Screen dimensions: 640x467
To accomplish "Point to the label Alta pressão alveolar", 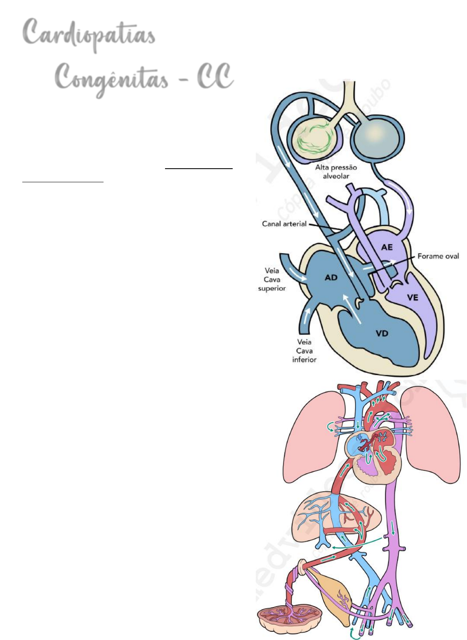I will pyautogui.click(x=336, y=172).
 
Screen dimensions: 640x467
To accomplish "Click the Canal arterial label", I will pyautogui.click(x=284, y=224).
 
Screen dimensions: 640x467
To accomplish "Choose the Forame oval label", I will pyautogui.click(x=438, y=256).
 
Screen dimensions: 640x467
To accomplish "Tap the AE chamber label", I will pyautogui.click(x=387, y=247).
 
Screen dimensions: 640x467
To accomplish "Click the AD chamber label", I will pyautogui.click(x=331, y=278).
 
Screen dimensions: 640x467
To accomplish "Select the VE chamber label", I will pyautogui.click(x=413, y=297).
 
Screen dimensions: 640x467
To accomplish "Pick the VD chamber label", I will pyautogui.click(x=382, y=333).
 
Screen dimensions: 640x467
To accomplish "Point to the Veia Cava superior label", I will pyautogui.click(x=272, y=279).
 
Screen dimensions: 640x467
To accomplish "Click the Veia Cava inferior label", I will pyautogui.click(x=304, y=351).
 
